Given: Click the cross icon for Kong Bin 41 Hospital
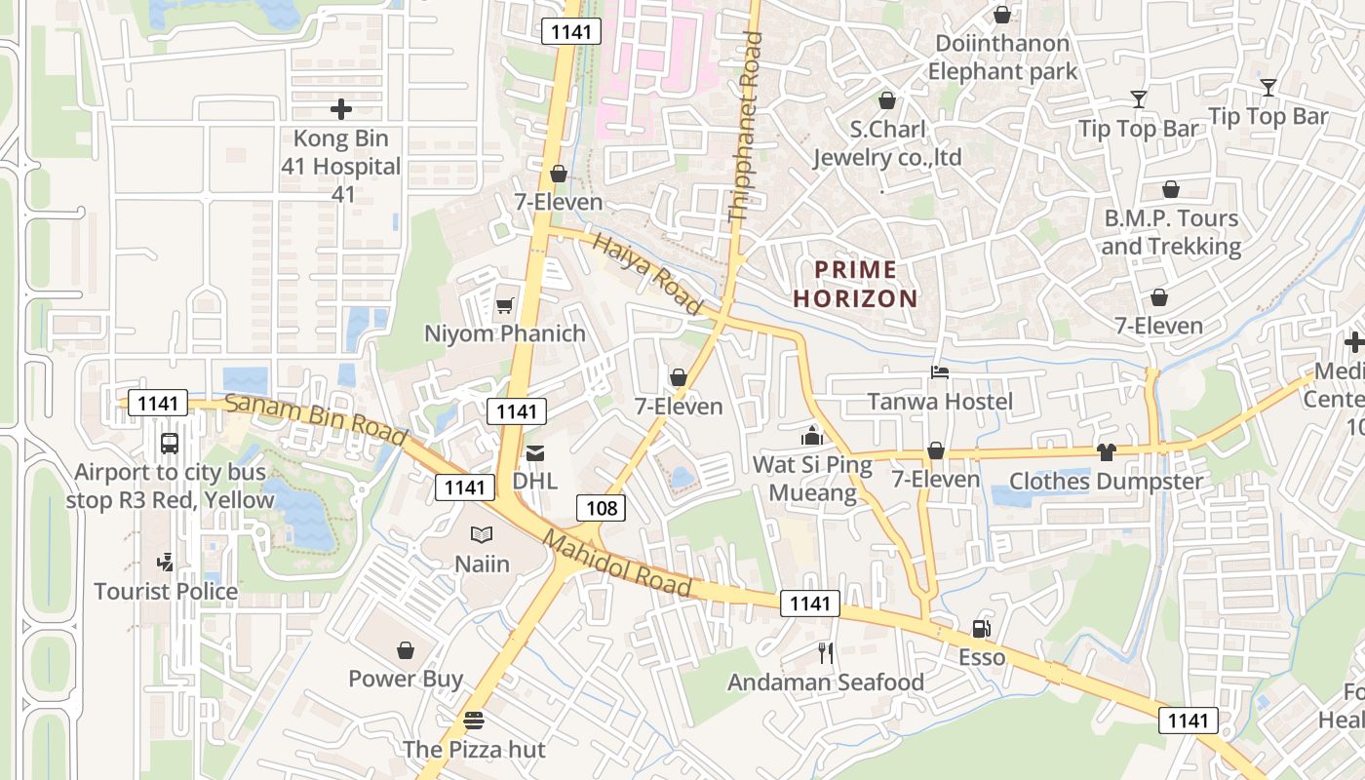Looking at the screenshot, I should [x=341, y=109].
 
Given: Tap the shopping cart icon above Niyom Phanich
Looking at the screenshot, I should [x=504, y=306].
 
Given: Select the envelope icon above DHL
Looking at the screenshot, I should [x=535, y=453].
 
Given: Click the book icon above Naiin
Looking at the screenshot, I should [x=482, y=534].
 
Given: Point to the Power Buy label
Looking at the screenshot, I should [x=406, y=679].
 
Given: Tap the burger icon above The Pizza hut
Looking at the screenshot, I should [x=474, y=721].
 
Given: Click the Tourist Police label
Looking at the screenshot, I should [x=166, y=591].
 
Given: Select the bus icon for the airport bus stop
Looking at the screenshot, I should [x=170, y=444].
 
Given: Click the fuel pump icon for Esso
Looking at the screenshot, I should [x=981, y=629].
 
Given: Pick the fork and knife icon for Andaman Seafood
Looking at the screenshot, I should [x=826, y=653].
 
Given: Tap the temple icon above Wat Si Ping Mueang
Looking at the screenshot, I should [x=812, y=436].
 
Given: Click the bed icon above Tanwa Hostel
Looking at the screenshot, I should [x=940, y=372].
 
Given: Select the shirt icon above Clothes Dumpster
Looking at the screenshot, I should [x=1106, y=451].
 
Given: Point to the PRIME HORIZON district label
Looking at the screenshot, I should [x=856, y=284].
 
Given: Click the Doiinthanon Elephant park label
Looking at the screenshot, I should [x=1002, y=58].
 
